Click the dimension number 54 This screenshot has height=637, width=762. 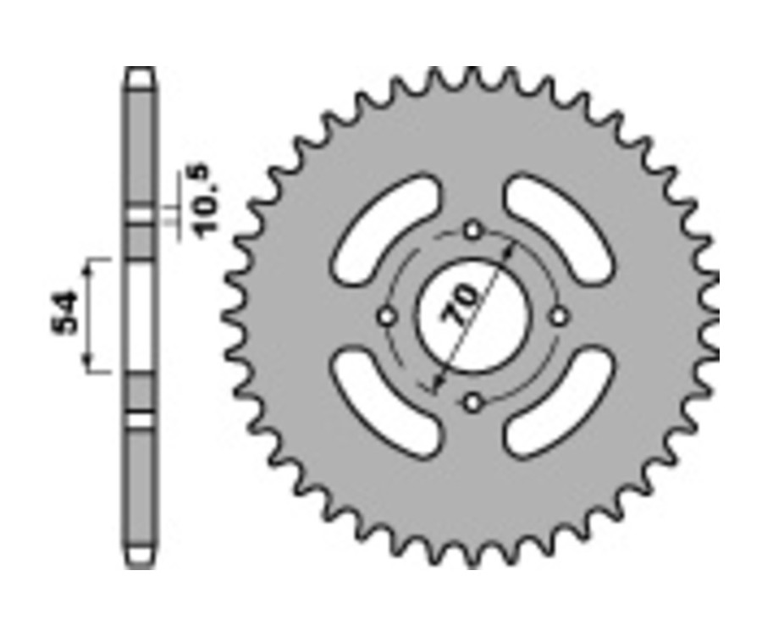coord(69,313)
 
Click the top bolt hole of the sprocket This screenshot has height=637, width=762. coord(472,230)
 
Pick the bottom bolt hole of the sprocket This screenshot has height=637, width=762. coord(472,402)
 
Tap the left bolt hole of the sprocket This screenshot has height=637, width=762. coord(387,316)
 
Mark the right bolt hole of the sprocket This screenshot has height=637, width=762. coord(558,316)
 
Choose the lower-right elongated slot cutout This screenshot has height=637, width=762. coord(558,403)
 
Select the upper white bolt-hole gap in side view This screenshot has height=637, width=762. coord(141,215)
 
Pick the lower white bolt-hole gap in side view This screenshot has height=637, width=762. coord(141,419)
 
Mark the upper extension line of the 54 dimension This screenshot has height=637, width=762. coord(100,258)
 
